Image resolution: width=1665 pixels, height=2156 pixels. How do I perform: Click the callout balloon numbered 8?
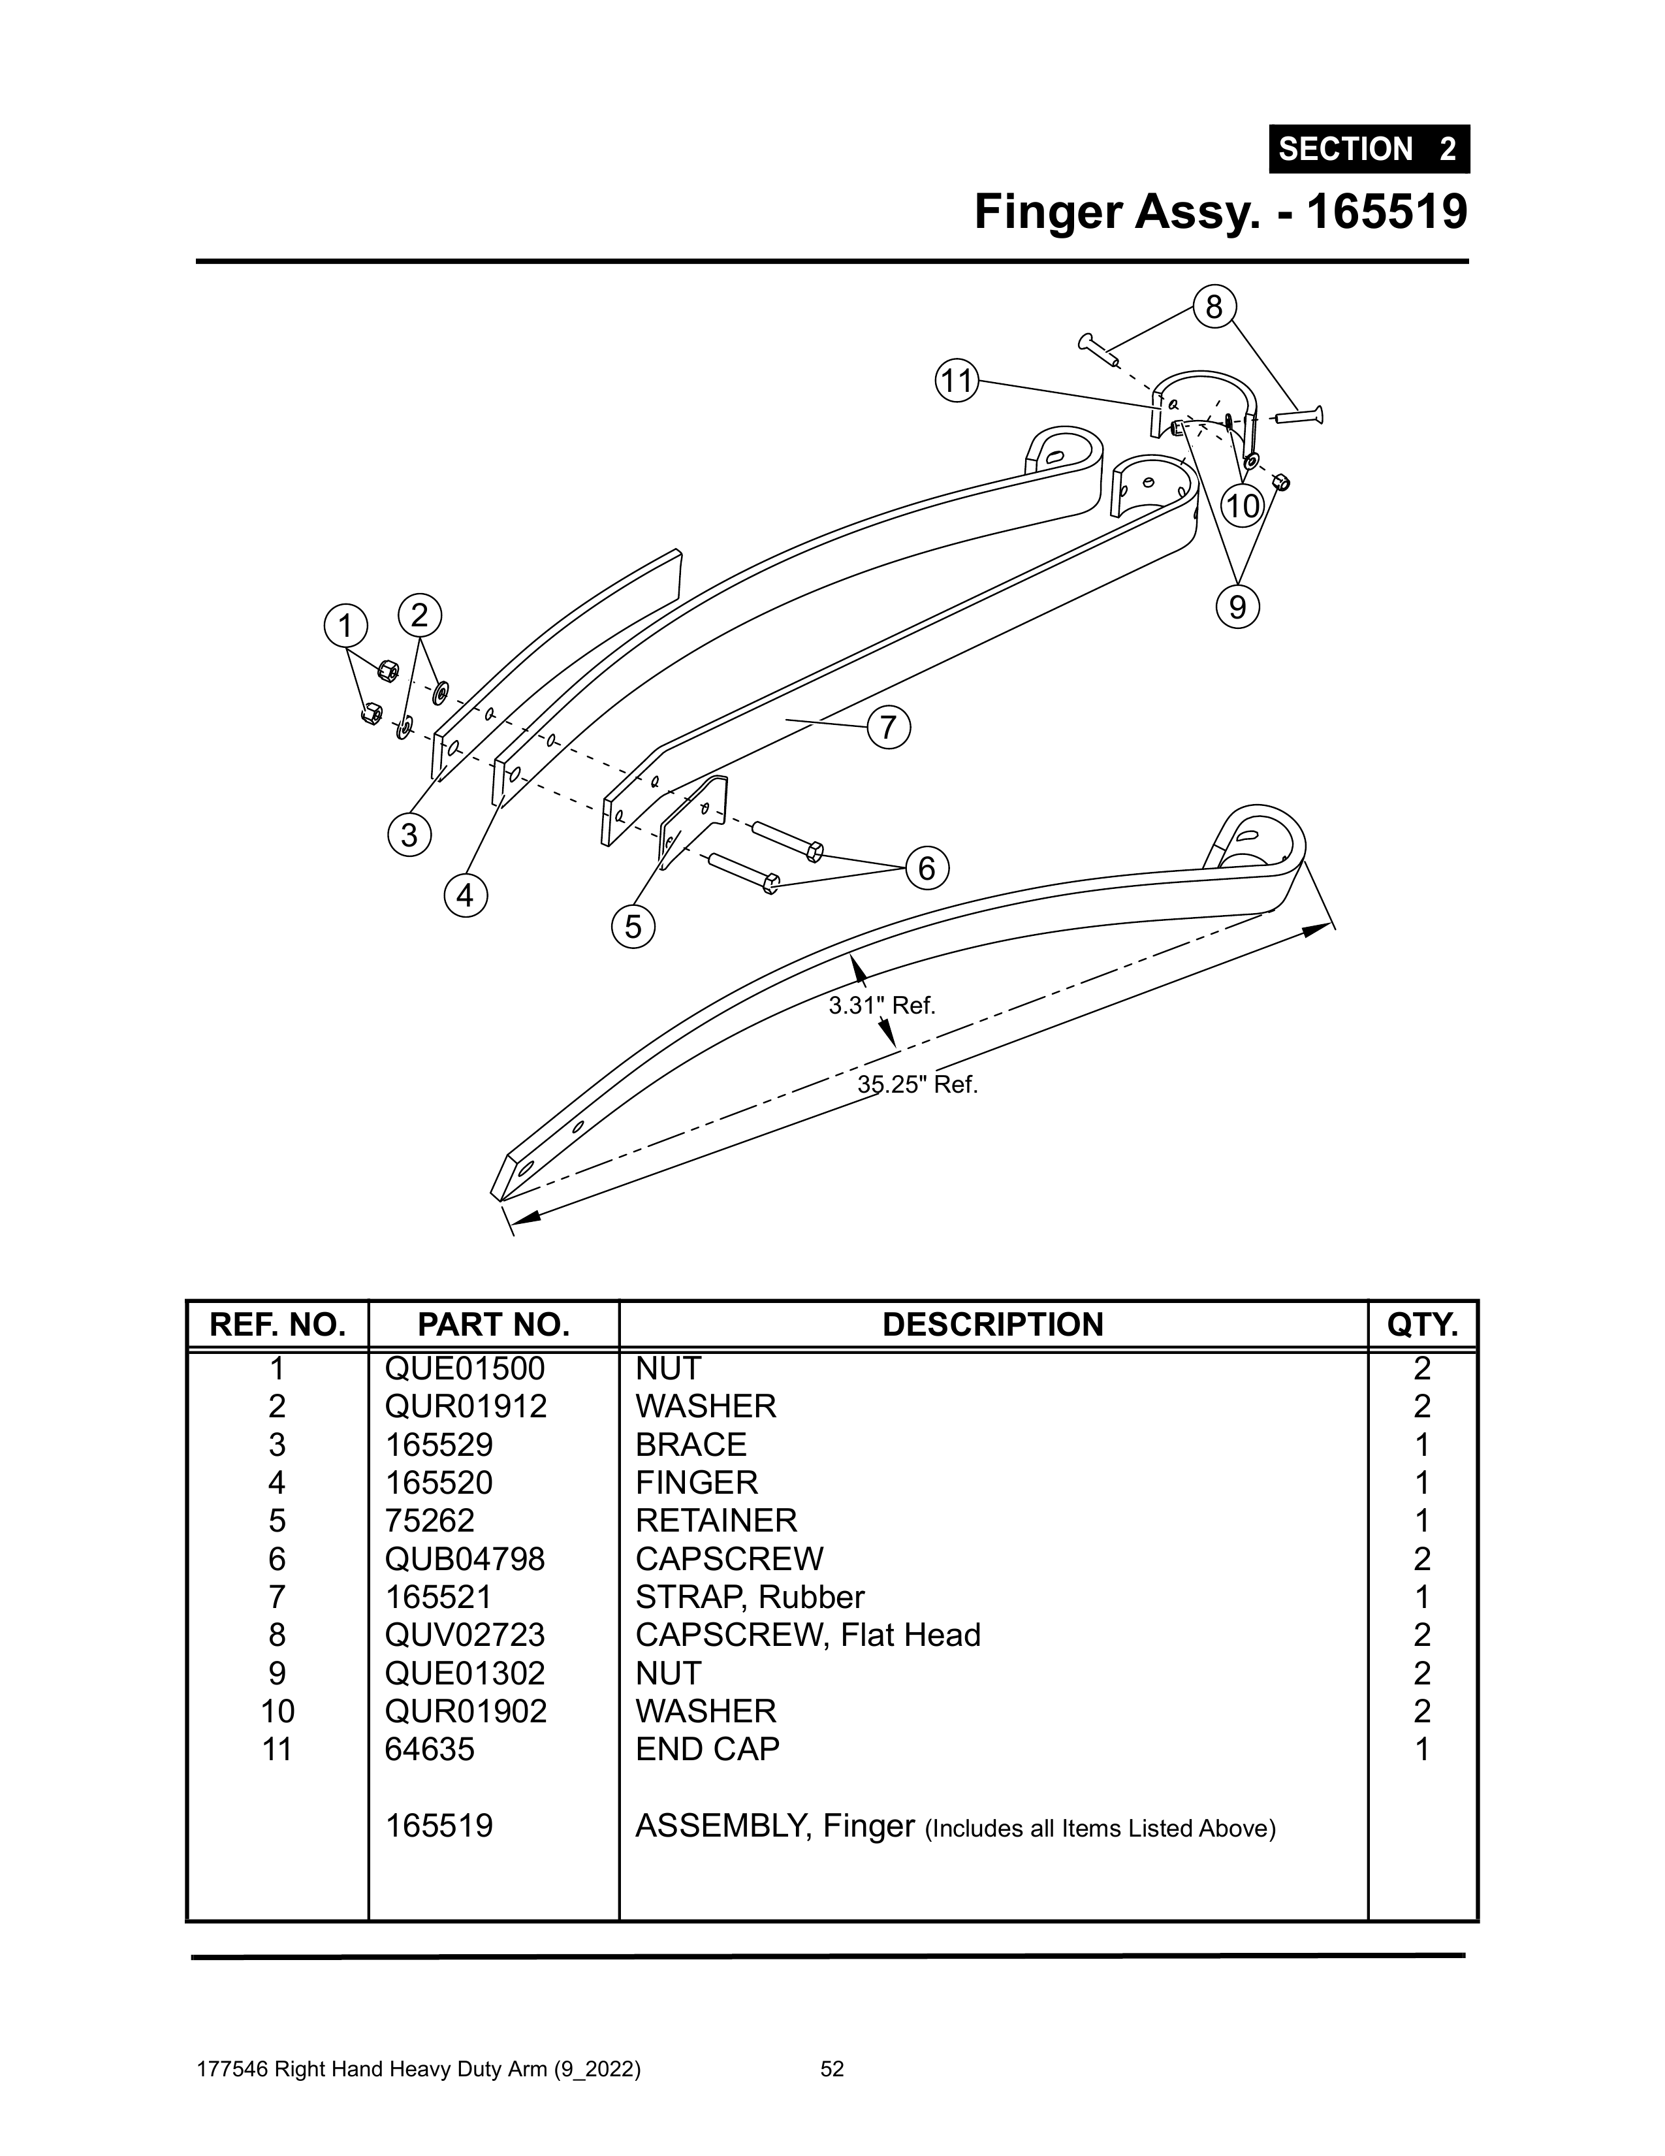pyautogui.click(x=1214, y=307)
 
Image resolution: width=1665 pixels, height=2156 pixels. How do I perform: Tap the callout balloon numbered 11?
pyautogui.click(x=955, y=381)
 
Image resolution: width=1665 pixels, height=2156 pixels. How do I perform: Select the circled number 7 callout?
pyautogui.click(x=888, y=728)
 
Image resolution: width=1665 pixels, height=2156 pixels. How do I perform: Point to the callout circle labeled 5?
pyautogui.click(x=633, y=926)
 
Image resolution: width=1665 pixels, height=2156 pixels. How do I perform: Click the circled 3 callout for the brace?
pyautogui.click(x=409, y=835)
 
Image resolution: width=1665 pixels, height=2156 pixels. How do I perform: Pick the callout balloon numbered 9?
pyautogui.click(x=1237, y=606)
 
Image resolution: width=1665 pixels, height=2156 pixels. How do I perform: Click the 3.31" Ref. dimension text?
pyautogui.click(x=881, y=1006)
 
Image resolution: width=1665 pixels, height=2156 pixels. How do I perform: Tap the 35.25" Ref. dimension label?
pyautogui.click(x=917, y=1085)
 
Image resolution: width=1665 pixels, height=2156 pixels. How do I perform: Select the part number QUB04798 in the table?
pyautogui.click(x=465, y=1559)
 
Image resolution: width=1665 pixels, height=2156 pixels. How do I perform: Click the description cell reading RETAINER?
pyautogui.click(x=716, y=1520)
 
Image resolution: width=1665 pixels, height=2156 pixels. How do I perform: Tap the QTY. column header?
pyautogui.click(x=1422, y=1325)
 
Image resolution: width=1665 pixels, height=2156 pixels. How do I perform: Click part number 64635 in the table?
pyautogui.click(x=430, y=1749)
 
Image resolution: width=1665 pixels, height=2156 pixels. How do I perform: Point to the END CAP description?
pyautogui.click(x=708, y=1749)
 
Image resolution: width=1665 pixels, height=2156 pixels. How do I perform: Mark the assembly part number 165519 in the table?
pyautogui.click(x=438, y=1826)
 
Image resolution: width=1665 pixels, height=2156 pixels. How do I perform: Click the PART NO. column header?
pyautogui.click(x=494, y=1325)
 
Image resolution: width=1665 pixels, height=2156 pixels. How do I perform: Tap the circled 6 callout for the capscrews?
pyautogui.click(x=926, y=868)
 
